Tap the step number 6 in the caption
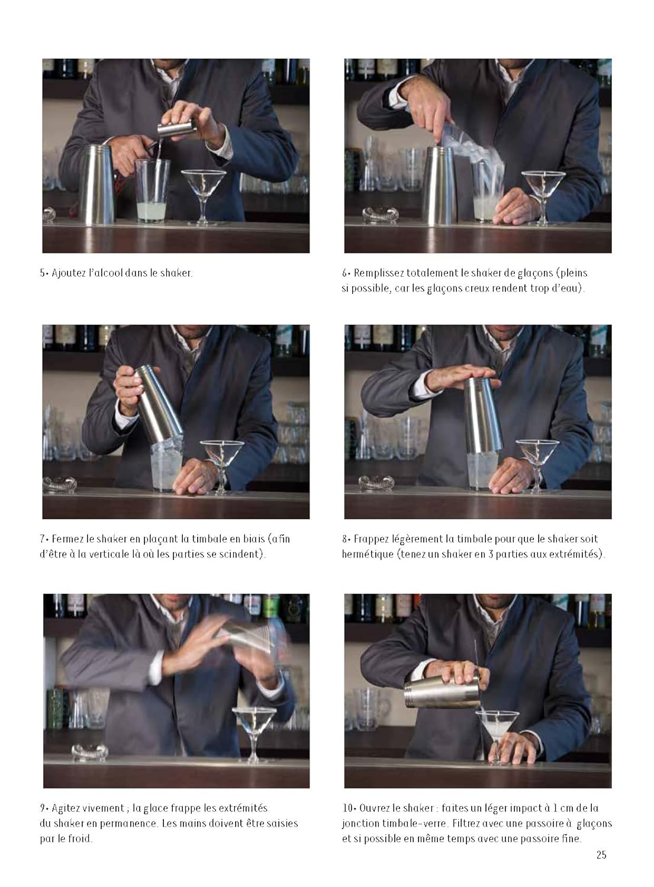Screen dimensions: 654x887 pyautogui.click(x=344, y=273)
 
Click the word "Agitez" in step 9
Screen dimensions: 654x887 pyautogui.click(x=67, y=808)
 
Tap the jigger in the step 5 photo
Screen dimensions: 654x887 pyautogui.click(x=177, y=128)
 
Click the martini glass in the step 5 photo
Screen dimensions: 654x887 pyautogui.click(x=203, y=196)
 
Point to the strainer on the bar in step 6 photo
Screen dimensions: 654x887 pyautogui.click(x=380, y=214)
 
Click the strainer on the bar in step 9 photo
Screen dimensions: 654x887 pyautogui.click(x=89, y=751)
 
